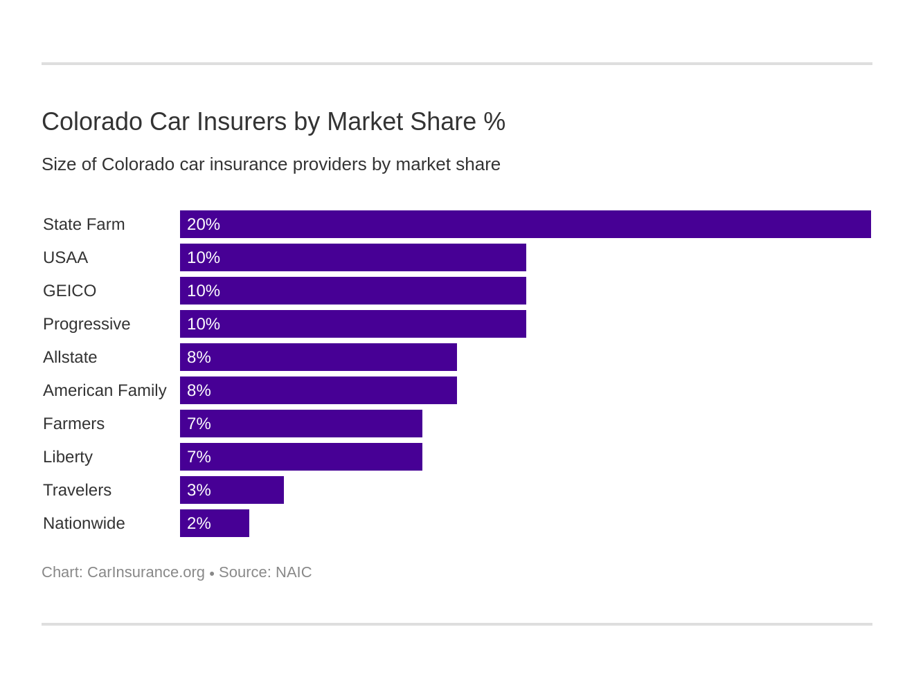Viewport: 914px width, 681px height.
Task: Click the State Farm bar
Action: pos(525,224)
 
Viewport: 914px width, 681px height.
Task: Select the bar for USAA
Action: pos(353,257)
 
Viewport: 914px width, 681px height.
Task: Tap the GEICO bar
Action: pos(353,291)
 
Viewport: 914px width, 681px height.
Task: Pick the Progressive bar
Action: pos(353,324)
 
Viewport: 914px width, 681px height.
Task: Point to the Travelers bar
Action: pos(232,490)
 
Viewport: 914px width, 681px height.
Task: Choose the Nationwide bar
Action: pos(215,523)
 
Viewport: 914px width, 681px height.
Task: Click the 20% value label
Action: pos(204,224)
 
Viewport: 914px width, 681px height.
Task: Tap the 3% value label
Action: pos(199,490)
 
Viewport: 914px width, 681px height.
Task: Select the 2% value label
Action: pos(199,523)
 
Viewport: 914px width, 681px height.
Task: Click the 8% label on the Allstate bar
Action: pos(199,357)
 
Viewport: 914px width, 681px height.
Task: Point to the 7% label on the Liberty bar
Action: pos(199,457)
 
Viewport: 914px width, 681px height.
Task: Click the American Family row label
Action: pos(105,390)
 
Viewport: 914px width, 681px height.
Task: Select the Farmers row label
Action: pos(73,424)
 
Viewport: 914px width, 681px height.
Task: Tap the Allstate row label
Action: pos(70,357)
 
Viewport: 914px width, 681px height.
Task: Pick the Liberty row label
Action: pos(68,457)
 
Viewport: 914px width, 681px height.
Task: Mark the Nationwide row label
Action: pos(84,523)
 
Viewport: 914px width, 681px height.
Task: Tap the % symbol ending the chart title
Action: pos(494,122)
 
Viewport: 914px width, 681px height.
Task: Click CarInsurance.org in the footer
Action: pos(146,572)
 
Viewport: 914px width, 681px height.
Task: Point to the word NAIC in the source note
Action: pos(294,572)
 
